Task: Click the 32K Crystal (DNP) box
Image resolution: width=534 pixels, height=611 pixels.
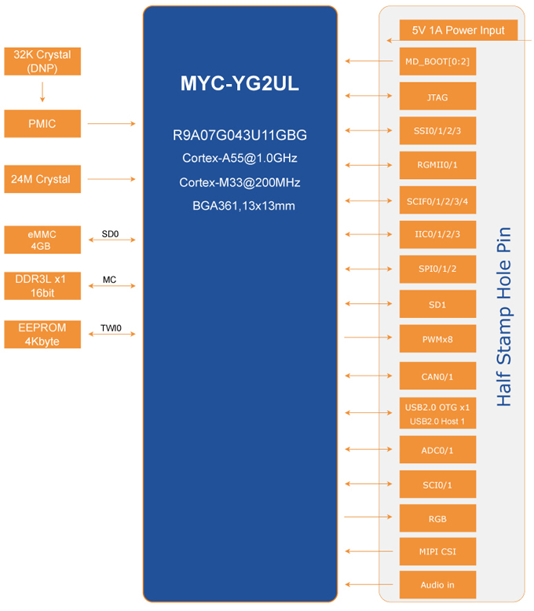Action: click(x=42, y=61)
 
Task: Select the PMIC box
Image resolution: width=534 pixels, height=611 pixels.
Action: click(x=42, y=123)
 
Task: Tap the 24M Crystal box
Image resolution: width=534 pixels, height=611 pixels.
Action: click(x=42, y=179)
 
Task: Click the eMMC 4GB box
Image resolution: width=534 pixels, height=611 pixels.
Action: click(x=42, y=240)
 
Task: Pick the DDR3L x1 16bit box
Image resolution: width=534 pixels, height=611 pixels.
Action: click(x=42, y=286)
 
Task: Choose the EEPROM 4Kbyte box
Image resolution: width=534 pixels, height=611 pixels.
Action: click(x=42, y=334)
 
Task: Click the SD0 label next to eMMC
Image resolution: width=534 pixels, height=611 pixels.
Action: click(x=110, y=234)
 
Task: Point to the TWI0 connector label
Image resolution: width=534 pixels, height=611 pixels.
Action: click(x=111, y=328)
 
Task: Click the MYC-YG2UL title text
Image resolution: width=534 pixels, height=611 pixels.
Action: click(x=240, y=84)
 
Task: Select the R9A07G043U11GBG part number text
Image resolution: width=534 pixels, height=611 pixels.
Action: click(x=240, y=135)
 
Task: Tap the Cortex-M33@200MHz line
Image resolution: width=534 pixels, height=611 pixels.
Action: click(x=240, y=182)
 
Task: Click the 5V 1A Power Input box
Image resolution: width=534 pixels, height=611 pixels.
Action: click(x=458, y=31)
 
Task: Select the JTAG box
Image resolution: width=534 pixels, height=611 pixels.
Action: click(x=437, y=97)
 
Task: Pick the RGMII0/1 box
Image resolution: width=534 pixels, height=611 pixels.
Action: click(x=437, y=165)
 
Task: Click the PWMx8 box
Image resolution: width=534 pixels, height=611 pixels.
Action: click(x=437, y=339)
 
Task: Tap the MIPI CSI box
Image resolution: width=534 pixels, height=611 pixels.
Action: click(x=437, y=551)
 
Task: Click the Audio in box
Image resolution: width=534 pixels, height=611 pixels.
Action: click(x=437, y=585)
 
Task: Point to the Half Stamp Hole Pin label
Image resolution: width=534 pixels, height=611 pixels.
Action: click(x=504, y=316)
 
